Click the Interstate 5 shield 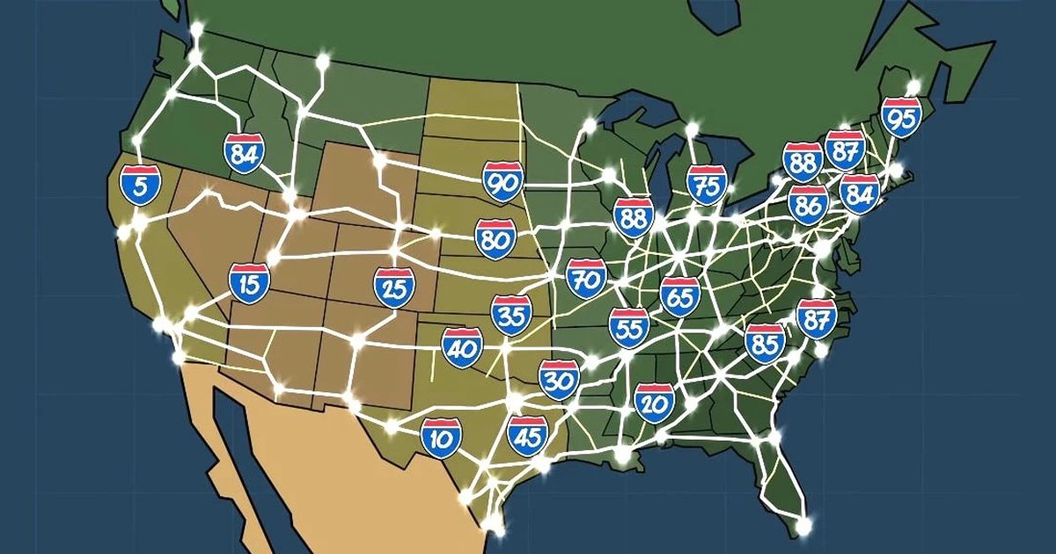point(140,185)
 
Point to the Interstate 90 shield point(503,182)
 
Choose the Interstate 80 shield point(495,239)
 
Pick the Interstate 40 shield point(462,347)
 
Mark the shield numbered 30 point(558,379)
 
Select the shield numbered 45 point(527,434)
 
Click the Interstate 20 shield point(654,403)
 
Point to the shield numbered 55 point(629,326)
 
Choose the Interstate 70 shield point(586,279)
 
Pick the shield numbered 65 point(680,296)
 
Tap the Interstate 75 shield point(707,185)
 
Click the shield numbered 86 point(808,205)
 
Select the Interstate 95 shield point(902,118)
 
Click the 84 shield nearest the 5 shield point(244,153)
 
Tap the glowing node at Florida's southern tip point(803,525)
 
